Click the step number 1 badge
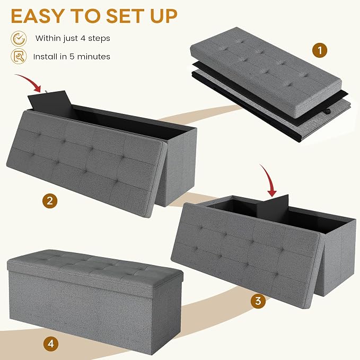point(320,50)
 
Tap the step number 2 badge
point(50,201)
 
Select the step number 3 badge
point(258,301)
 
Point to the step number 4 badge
point(51,344)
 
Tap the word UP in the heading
point(164,16)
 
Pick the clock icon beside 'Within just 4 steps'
point(19,39)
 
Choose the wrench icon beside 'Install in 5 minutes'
point(19,56)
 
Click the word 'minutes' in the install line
point(94,57)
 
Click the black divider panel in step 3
point(273,206)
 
